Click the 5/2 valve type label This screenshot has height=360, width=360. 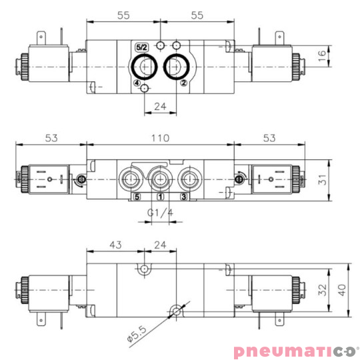141,48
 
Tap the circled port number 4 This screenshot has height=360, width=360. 137,84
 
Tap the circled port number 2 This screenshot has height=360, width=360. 183,84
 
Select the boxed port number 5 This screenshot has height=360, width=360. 137,197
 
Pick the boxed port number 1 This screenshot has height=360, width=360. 160,197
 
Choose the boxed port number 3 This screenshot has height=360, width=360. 184,197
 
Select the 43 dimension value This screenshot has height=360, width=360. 115,245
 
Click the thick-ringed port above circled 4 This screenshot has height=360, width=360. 145,66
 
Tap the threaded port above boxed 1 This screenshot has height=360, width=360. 160,179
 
